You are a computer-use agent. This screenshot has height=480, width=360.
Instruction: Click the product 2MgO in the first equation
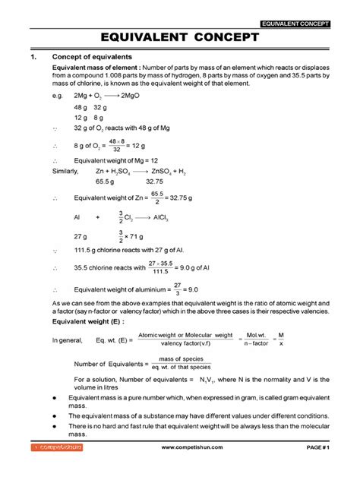pos(144,97)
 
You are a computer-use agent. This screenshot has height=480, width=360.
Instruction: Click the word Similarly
pos(66,172)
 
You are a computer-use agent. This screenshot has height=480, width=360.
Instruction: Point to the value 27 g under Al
pos(81,237)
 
